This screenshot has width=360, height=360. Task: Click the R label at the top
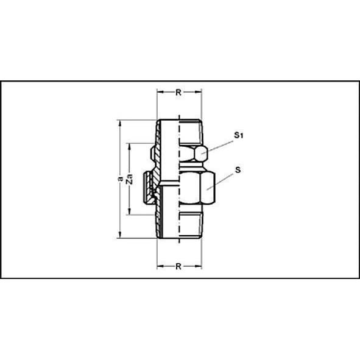(x=178, y=93)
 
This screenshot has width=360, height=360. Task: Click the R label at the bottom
(x=178, y=266)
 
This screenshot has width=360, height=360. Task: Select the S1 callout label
(x=238, y=135)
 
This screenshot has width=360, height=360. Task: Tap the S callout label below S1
(x=238, y=170)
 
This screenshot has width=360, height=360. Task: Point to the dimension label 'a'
(x=119, y=179)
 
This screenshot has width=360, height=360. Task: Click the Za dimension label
(x=130, y=179)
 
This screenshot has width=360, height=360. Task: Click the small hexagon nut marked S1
(x=194, y=154)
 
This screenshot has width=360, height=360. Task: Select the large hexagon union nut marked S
(x=197, y=188)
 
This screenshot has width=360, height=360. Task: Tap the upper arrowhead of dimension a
(x=119, y=123)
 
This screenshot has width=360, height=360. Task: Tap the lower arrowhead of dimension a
(x=119, y=235)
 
